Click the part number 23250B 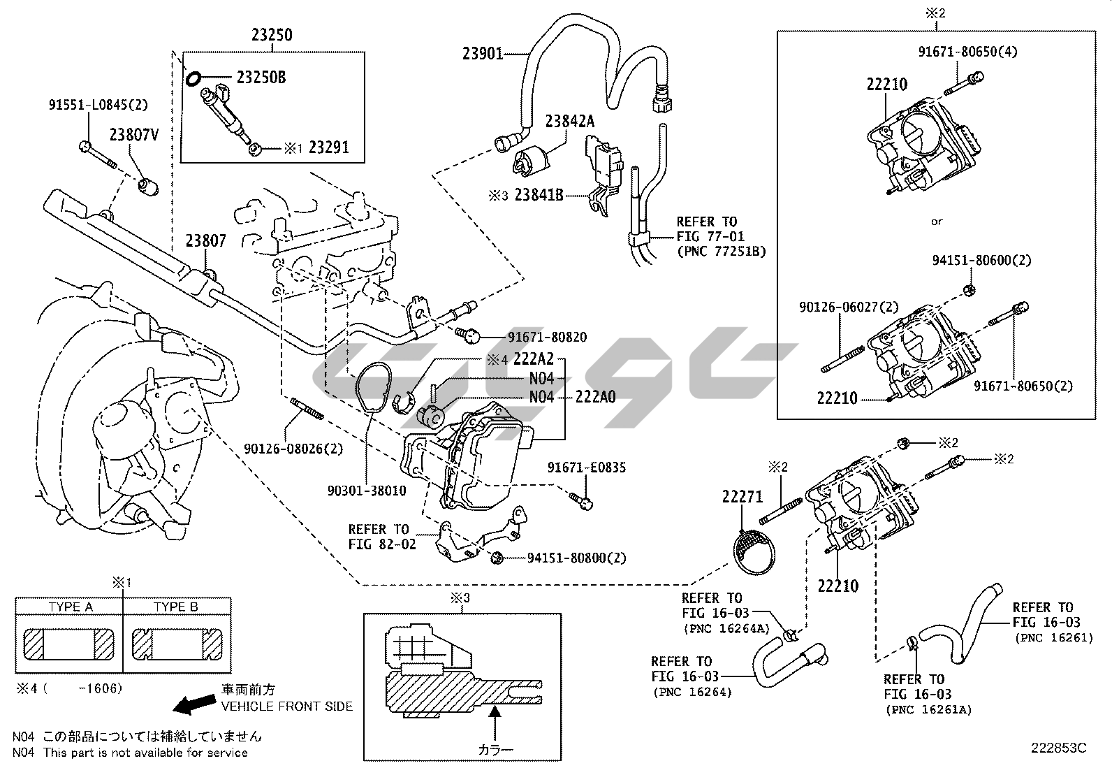261,78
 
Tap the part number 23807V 133,135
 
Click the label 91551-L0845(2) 98,105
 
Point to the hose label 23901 483,53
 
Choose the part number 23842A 569,121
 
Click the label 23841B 539,195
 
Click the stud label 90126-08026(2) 293,448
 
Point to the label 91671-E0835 587,468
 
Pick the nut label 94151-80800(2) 576,558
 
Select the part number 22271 742,497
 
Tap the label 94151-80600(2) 981,260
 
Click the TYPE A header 70,607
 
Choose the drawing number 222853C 1059,747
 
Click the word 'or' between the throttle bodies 937,222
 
